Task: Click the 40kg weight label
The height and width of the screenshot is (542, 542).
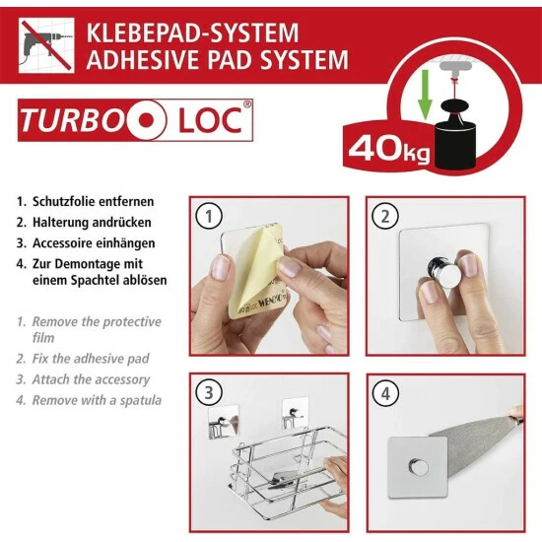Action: coord(388,151)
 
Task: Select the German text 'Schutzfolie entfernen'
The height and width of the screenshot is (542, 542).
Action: coord(93,201)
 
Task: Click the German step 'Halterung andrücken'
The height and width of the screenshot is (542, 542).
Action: coord(92,222)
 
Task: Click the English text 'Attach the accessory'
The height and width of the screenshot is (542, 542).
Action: coord(91,380)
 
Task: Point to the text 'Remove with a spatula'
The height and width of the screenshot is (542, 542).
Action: coord(97,400)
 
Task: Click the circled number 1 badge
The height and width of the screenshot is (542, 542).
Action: coord(207,215)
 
